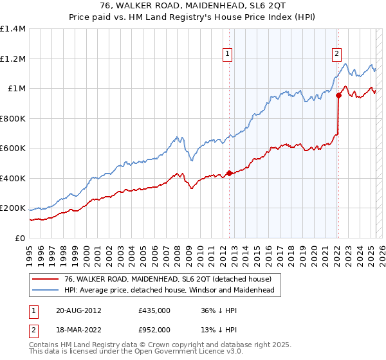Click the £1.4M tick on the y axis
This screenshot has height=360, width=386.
point(13,29)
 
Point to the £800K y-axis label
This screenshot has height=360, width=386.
point(13,118)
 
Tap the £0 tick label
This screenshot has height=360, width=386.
point(19,238)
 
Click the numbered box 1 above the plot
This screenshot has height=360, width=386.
point(228,55)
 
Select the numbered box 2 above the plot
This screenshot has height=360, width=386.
point(337,55)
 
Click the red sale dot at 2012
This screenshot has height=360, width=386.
point(229,173)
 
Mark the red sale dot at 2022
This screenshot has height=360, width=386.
point(338,96)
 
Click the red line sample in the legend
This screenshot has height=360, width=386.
point(46,279)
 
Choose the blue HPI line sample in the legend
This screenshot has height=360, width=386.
point(46,291)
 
